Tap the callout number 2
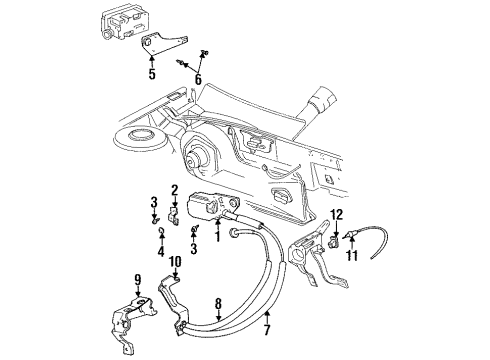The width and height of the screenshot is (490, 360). pos(174,190)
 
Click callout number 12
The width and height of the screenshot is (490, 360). pos(338,213)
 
